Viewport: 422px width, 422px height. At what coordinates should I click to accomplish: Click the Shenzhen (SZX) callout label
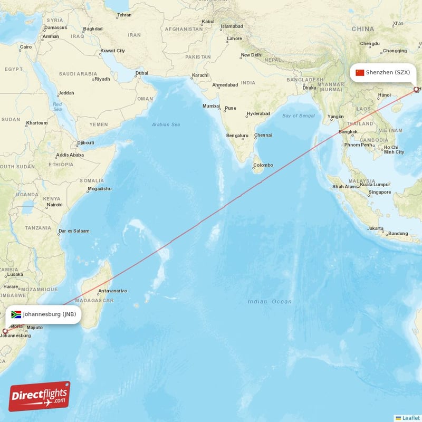tap(388, 72)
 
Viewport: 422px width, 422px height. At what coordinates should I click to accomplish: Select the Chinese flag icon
tap(360, 72)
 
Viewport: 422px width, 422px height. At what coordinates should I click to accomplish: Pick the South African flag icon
tap(16, 314)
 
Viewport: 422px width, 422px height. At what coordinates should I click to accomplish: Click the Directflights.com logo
tap(40, 396)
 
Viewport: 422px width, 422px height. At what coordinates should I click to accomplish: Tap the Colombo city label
tap(263, 165)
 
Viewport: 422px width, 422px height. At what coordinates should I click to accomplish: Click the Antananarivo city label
tap(112, 291)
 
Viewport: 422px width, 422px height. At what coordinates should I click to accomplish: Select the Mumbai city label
tap(211, 106)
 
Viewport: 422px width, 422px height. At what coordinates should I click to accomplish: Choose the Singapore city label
tap(380, 192)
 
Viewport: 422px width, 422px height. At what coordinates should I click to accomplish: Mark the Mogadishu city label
tap(100, 188)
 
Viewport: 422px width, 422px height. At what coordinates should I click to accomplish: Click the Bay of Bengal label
tap(298, 116)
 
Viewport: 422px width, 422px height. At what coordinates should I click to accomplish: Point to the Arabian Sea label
tap(166, 124)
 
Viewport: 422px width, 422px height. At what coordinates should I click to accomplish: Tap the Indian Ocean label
tap(270, 302)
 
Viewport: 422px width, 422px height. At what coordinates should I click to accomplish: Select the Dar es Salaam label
tap(74, 231)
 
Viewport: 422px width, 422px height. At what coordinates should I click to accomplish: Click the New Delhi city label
tap(252, 55)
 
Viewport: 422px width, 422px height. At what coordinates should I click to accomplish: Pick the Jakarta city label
tap(375, 228)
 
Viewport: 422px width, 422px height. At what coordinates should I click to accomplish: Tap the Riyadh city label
tap(102, 79)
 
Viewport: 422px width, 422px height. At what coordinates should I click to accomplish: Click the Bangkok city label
tap(348, 131)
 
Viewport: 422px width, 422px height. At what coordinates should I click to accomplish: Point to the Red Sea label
tap(57, 107)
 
